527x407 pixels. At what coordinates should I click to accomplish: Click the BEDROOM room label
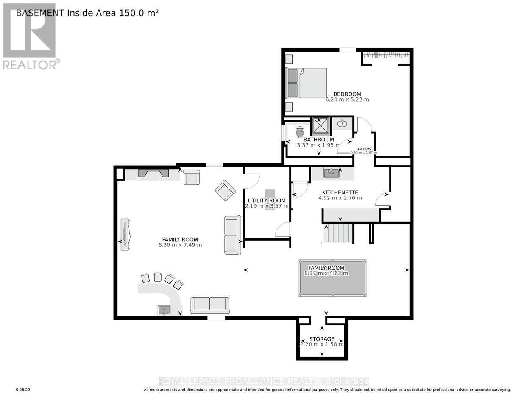(347, 94)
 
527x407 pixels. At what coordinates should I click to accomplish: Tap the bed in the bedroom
(307, 83)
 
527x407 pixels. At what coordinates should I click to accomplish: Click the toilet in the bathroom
(300, 132)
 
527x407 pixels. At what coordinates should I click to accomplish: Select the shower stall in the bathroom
(321, 126)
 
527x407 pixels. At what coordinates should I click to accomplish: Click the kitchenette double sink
(332, 172)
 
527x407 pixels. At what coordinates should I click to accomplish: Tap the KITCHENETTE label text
(340, 192)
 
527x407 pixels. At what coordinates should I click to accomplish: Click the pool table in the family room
(332, 278)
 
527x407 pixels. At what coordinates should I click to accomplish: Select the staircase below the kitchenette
(338, 233)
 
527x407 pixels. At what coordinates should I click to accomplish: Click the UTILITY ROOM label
(266, 200)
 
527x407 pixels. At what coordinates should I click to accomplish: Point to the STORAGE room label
(322, 339)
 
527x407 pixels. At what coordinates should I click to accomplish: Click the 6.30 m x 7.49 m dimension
(180, 245)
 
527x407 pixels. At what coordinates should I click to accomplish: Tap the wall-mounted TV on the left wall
(125, 234)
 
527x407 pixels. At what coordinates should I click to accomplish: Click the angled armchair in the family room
(225, 190)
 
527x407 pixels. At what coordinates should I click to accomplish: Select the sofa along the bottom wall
(209, 305)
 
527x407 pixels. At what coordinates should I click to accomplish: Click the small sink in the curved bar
(164, 310)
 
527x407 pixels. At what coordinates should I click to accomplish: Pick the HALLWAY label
(364, 149)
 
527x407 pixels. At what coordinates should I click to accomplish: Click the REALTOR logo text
(31, 64)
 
